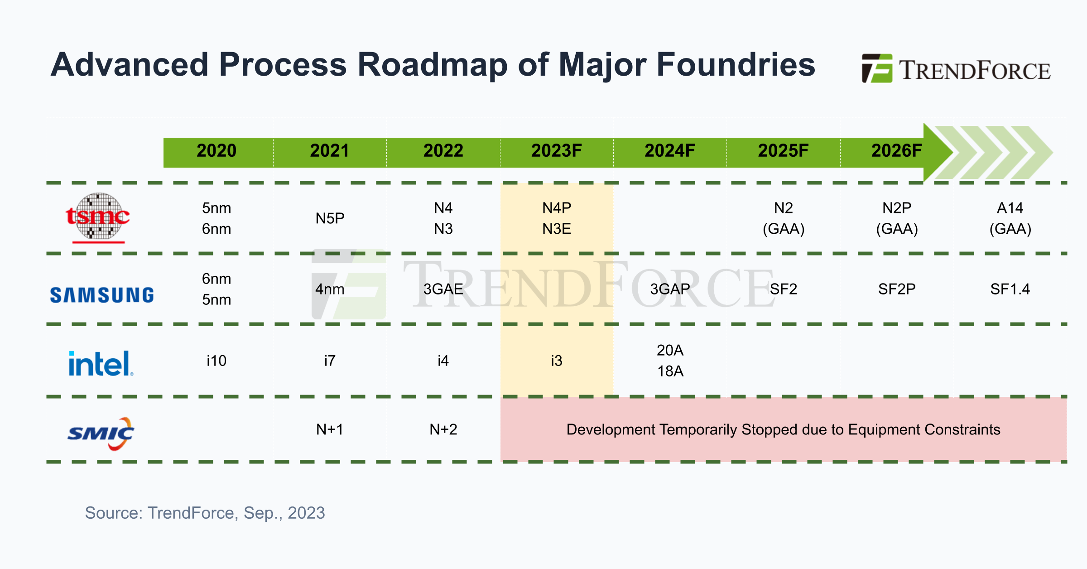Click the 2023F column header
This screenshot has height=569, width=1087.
[556, 151]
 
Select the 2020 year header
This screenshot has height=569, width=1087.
[216, 151]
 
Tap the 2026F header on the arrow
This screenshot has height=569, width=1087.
[896, 151]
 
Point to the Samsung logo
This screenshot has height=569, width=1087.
[102, 295]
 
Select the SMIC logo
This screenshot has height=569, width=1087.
[101, 434]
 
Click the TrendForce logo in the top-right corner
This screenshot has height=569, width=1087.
[956, 69]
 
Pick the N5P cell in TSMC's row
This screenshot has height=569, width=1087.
[330, 218]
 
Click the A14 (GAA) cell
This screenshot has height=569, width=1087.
[1010, 218]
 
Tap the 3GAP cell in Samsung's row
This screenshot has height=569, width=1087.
[670, 289]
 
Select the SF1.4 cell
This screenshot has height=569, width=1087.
[1010, 289]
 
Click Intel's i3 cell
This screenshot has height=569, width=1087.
[556, 361]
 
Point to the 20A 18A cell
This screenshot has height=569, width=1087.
[670, 361]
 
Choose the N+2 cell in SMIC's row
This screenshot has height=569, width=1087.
[443, 429]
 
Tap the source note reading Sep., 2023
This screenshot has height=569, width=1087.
[284, 513]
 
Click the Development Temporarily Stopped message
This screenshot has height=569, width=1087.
[783, 429]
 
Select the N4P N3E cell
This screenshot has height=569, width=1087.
[557, 218]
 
